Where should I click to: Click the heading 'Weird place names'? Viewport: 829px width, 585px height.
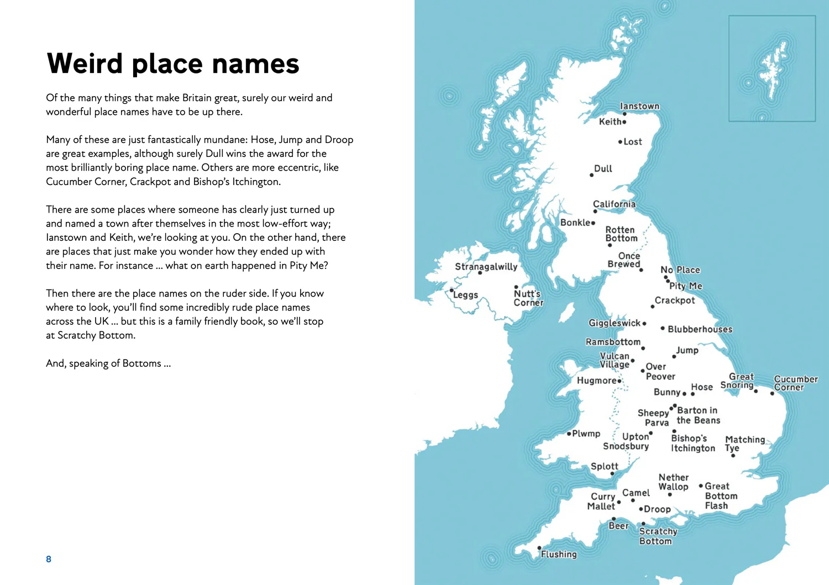click(173, 64)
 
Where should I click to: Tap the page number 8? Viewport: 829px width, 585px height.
click(49, 559)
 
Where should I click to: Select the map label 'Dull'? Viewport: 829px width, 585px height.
click(603, 168)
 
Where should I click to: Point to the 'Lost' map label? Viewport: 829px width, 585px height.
click(633, 142)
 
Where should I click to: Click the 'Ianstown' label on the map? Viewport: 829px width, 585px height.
click(639, 106)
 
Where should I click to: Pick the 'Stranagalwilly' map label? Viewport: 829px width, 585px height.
click(486, 266)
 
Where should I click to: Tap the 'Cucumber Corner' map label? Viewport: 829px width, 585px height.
click(795, 383)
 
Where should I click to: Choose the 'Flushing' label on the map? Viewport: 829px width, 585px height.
click(559, 554)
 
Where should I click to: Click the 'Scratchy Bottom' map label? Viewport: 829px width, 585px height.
click(658, 536)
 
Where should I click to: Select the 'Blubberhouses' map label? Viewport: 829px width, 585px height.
click(700, 329)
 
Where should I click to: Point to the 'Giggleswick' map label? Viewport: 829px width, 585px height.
click(614, 323)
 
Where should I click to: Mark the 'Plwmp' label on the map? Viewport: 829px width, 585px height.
click(586, 434)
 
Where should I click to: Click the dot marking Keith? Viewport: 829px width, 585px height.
click(625, 122)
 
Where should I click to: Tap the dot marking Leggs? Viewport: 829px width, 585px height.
click(452, 290)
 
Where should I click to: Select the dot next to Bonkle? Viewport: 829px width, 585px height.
click(593, 223)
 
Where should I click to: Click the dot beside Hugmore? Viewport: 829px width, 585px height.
click(620, 381)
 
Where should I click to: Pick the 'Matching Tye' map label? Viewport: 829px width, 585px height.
click(744, 444)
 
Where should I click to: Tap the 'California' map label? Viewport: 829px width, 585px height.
click(614, 204)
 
